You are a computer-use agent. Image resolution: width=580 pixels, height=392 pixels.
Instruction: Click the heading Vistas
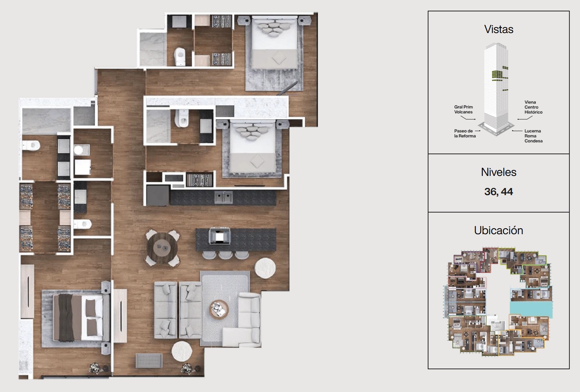point(499,29)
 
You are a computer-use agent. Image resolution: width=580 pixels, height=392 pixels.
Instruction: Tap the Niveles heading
point(499,172)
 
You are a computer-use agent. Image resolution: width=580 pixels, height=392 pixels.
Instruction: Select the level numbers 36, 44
point(499,192)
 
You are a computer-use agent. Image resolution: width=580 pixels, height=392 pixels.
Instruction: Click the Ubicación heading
point(499,231)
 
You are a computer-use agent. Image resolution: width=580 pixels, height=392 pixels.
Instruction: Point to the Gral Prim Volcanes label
point(464,109)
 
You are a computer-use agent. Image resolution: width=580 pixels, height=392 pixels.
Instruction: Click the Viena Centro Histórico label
point(534,107)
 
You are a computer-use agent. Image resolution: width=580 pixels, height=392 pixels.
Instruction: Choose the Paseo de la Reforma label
point(465,134)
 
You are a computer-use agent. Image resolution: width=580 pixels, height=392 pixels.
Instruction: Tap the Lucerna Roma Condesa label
point(534,136)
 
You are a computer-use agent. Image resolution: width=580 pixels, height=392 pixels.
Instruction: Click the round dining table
point(162,248)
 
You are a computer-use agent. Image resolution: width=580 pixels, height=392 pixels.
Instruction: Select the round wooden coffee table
point(219,309)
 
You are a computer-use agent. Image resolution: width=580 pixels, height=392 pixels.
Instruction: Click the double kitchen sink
point(224,198)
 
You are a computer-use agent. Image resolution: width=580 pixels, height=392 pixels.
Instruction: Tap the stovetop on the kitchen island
point(220,236)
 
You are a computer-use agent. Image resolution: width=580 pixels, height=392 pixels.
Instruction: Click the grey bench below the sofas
point(149,360)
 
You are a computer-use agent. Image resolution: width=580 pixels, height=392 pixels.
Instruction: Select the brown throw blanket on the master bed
point(66,317)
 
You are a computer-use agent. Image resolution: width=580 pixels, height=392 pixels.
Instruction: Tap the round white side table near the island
point(265,268)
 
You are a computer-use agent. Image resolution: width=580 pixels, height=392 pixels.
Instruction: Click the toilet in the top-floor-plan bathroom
point(180,56)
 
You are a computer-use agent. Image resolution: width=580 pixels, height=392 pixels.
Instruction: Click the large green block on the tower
point(497,75)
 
